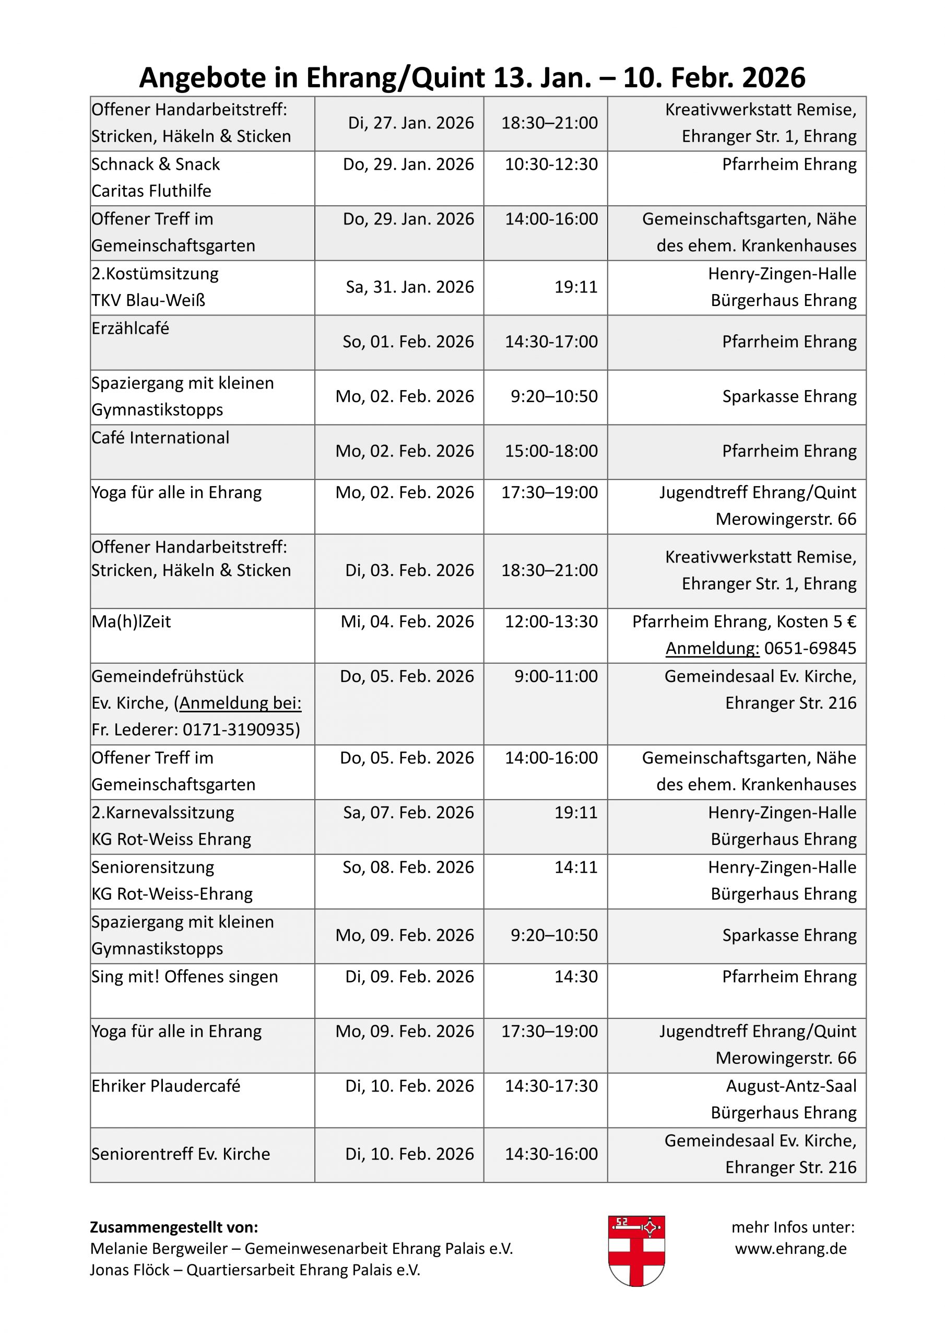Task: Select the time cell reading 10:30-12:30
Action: point(551,164)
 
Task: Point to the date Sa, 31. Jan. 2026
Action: point(409,287)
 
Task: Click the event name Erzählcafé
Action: point(131,329)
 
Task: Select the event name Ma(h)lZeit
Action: point(131,622)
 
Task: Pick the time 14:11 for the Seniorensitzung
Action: point(575,867)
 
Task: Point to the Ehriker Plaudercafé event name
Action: point(166,1086)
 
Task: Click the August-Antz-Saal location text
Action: point(790,1086)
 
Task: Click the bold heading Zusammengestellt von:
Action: point(173,1227)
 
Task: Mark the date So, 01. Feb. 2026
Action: point(408,342)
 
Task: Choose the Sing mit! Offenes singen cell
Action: point(185,977)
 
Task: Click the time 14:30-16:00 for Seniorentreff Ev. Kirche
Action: point(551,1154)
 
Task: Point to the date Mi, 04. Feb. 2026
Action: point(407,622)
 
